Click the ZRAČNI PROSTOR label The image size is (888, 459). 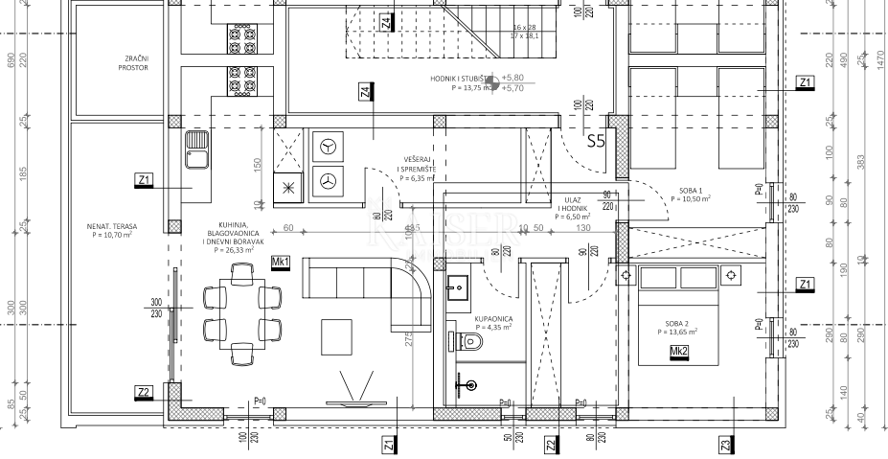[133, 63]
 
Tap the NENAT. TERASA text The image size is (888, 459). [111, 229]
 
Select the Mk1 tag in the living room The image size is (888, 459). [281, 261]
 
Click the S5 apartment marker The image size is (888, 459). [596, 142]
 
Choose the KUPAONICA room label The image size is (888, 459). [494, 323]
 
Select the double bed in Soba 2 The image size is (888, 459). [678, 316]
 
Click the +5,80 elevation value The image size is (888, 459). [512, 77]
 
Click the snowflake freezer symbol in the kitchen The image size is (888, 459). [286, 188]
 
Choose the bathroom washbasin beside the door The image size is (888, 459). [457, 286]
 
